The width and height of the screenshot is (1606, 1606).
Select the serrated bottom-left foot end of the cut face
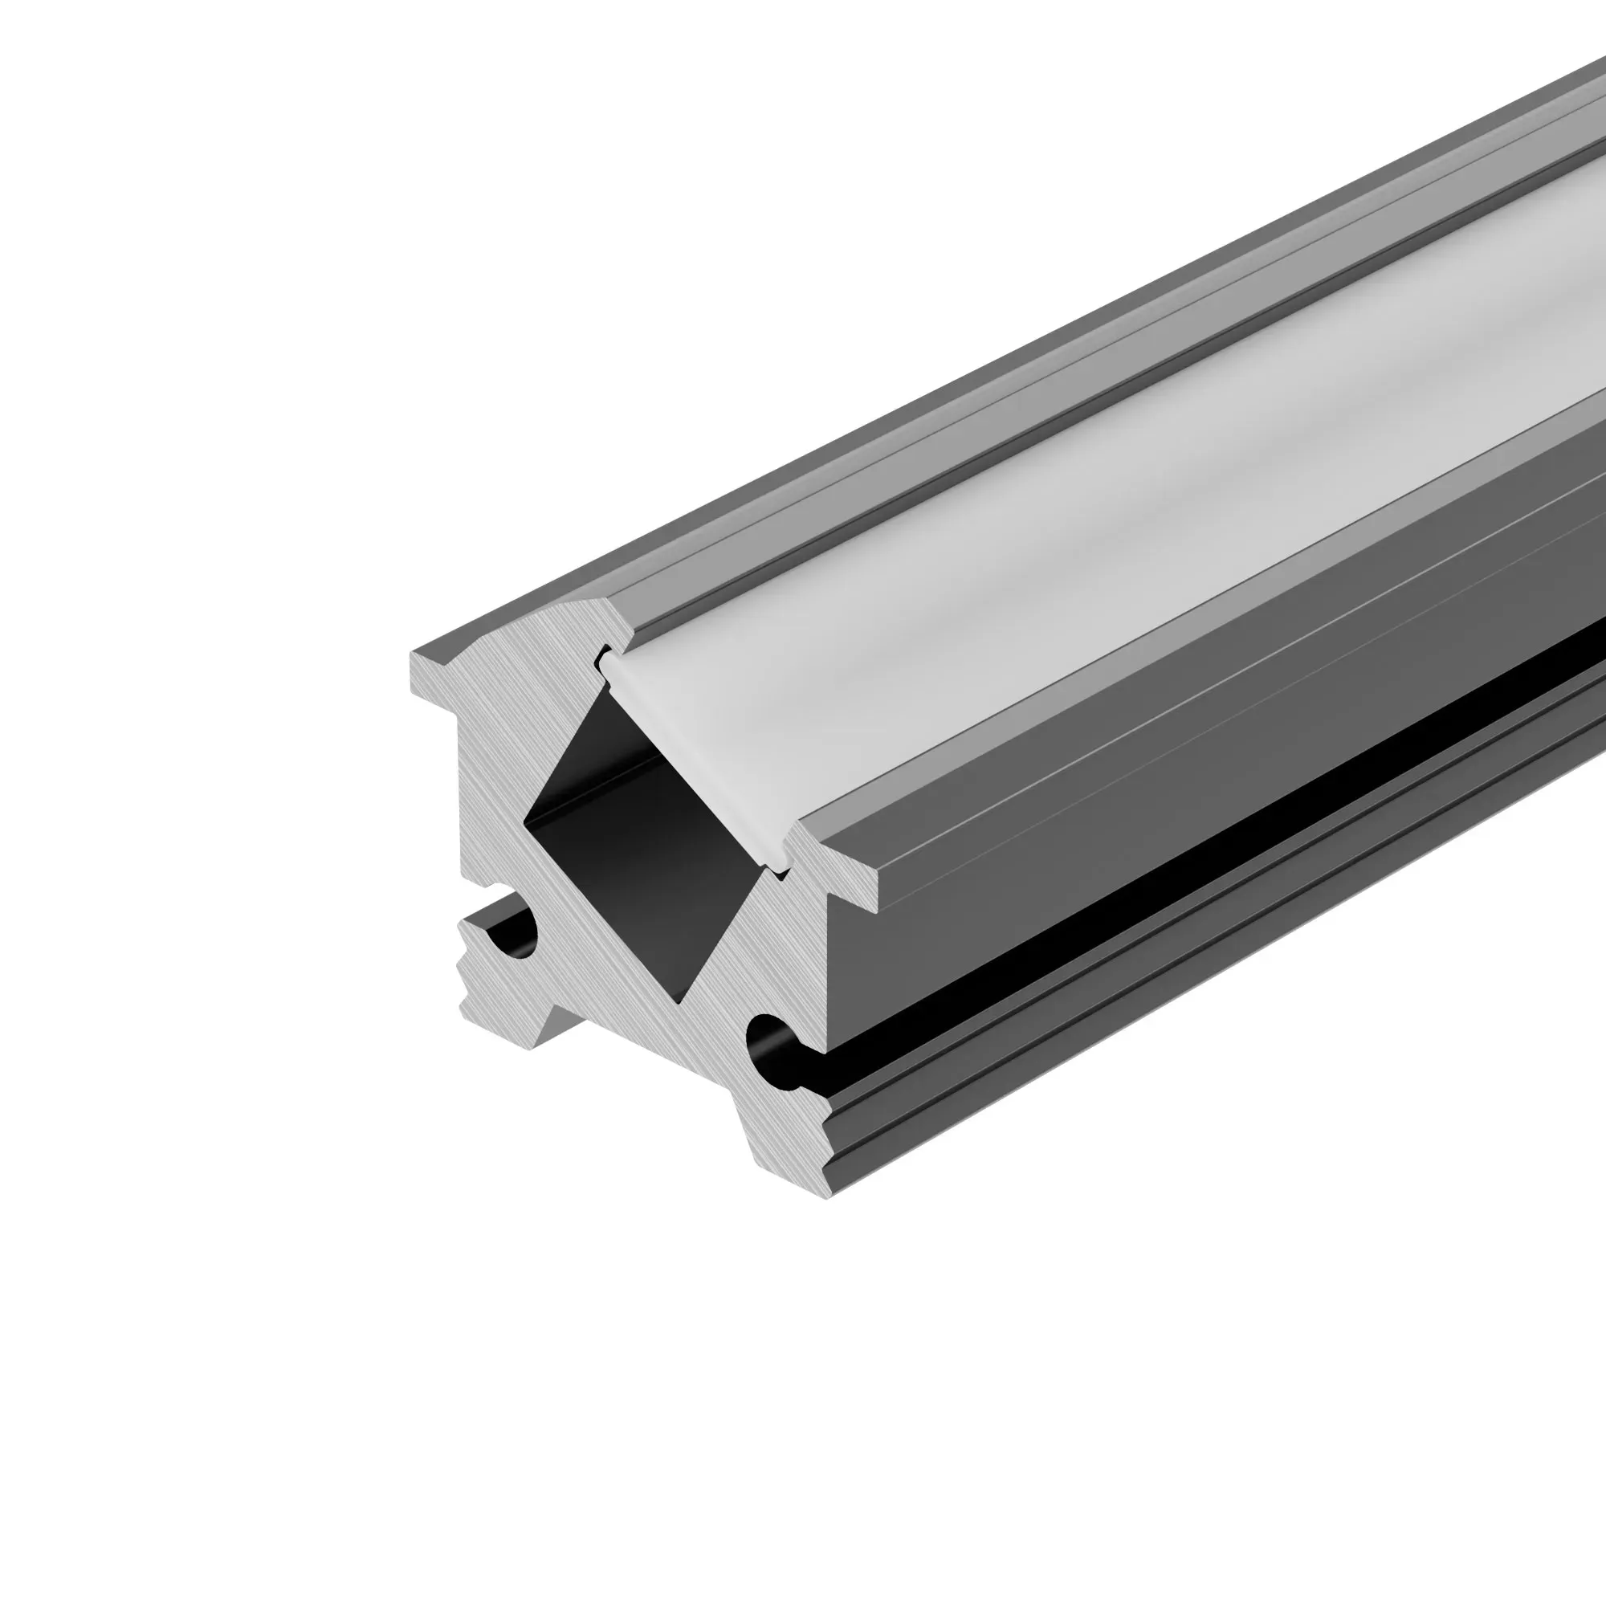click(474, 972)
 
